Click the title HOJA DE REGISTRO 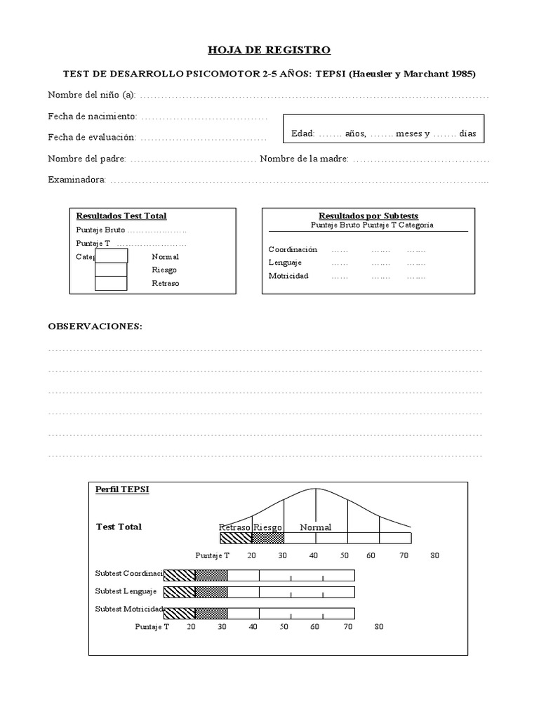click(269, 50)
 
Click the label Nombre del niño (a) click(91, 95)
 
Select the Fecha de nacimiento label click(92, 116)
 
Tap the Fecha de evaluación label click(92, 138)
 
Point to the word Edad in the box click(302, 133)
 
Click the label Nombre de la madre click(304, 159)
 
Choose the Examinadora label click(76, 180)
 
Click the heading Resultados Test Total click(121, 216)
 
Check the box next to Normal click(111, 256)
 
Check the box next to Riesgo click(111, 270)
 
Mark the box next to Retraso click(111, 283)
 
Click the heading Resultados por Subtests click(368, 216)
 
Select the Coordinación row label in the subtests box click(293, 249)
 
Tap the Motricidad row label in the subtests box click(288, 276)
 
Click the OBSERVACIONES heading click(95, 327)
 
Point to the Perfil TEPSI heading click(121, 489)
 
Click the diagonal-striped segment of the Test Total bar click(235, 539)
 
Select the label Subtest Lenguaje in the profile click(126, 591)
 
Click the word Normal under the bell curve click(315, 527)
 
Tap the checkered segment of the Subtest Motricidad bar click(211, 612)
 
